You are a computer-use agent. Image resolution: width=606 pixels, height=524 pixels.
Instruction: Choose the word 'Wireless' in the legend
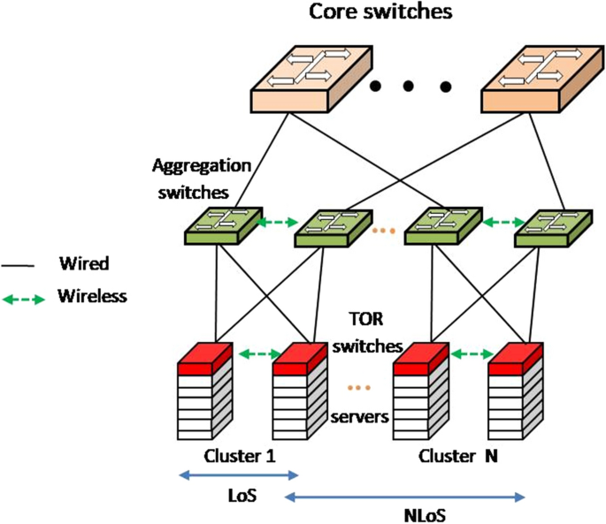click(x=92, y=297)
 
